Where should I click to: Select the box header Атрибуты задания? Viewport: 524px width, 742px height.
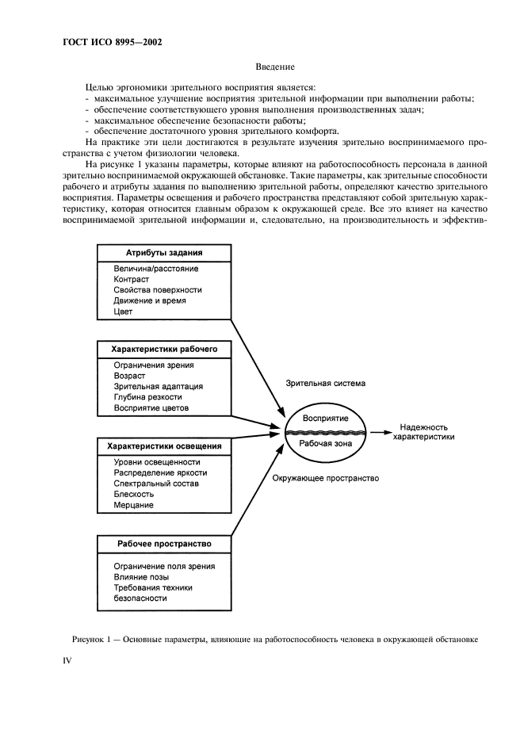click(x=164, y=253)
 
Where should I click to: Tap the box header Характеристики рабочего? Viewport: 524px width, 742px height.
click(x=164, y=348)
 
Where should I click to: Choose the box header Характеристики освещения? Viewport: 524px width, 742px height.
click(x=164, y=446)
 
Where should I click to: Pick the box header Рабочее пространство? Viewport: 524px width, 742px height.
click(x=164, y=544)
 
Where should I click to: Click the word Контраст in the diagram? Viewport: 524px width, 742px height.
click(x=132, y=280)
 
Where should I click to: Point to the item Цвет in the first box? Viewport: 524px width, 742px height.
click(x=123, y=312)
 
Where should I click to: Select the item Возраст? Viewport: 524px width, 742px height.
click(x=131, y=376)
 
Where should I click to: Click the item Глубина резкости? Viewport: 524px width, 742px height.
click(x=148, y=397)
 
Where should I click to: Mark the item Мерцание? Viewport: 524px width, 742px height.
click(x=134, y=505)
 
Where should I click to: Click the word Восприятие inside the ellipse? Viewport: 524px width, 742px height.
click(x=326, y=418)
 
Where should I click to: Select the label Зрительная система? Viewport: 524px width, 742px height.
click(x=326, y=384)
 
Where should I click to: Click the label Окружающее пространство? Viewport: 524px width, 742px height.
click(x=326, y=479)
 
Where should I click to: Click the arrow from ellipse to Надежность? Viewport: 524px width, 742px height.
click(x=379, y=433)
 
